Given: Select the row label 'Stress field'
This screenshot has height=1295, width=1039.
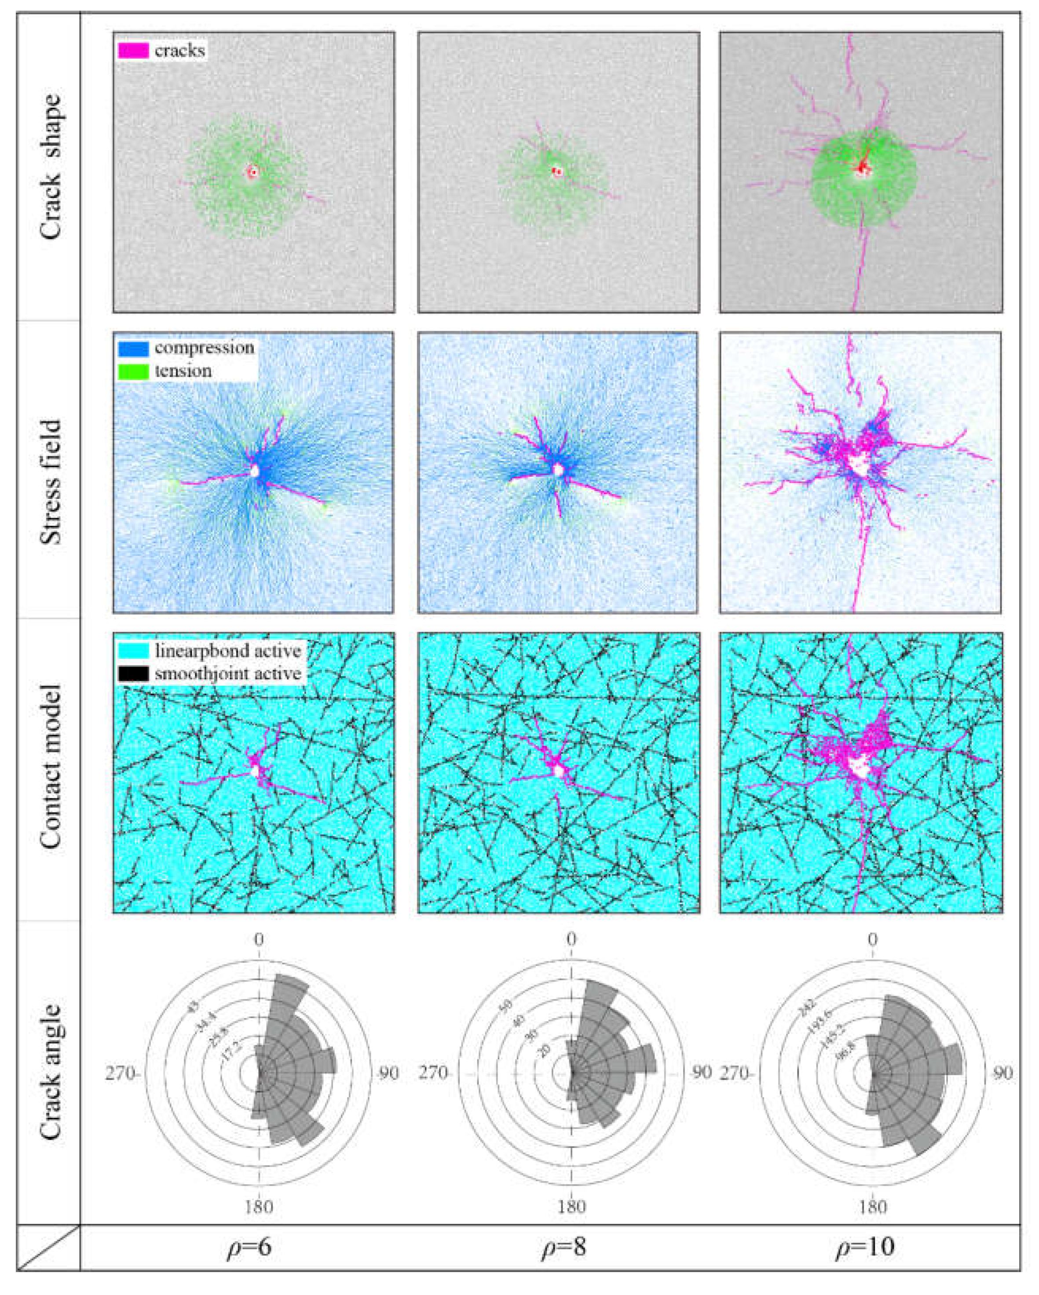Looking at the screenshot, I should [51, 482].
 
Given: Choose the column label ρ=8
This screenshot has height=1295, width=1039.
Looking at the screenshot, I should [563, 1247].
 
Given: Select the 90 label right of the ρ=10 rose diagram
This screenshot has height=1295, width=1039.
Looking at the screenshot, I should [1002, 1073].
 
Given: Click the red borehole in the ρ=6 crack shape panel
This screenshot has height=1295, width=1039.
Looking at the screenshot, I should [253, 172].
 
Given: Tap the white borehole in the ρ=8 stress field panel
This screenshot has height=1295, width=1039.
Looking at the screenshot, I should [559, 469].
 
